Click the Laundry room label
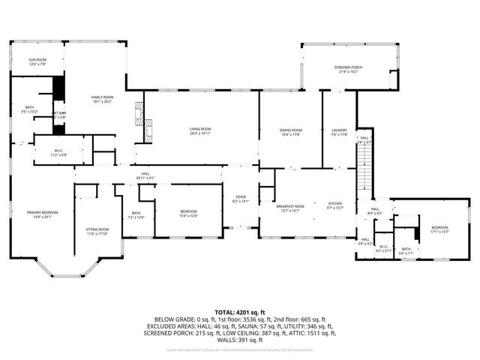pyautogui.click(x=339, y=133)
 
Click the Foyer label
pyautogui.click(x=241, y=199)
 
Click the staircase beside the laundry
pyautogui.click(x=364, y=165)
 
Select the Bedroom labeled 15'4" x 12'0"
pyautogui.click(x=188, y=214)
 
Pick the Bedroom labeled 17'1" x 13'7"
pyautogui.click(x=439, y=229)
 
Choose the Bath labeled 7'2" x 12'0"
pyautogui.click(x=136, y=214)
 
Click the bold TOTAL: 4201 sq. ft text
pyautogui.click(x=240, y=312)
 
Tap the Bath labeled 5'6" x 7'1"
pyautogui.click(x=406, y=251)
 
